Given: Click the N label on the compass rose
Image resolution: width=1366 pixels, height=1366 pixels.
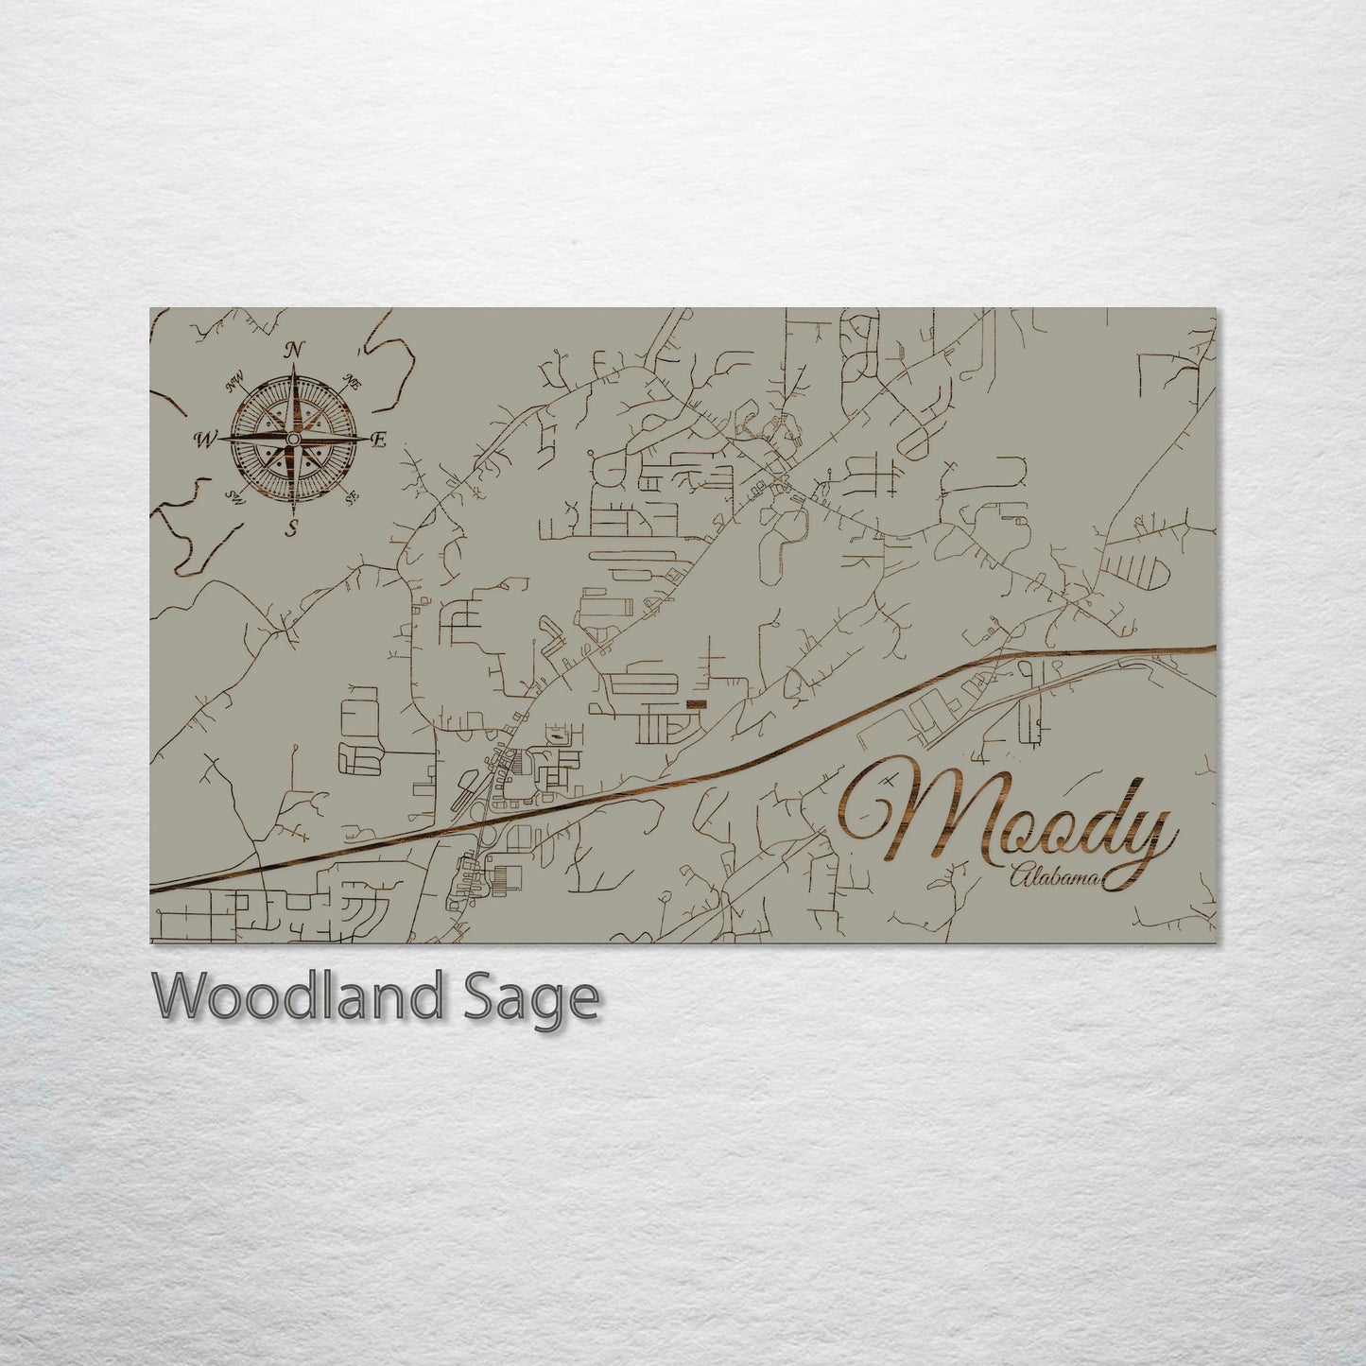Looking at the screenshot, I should [x=294, y=351].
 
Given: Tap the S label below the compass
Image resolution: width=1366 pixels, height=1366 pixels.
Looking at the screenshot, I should [x=293, y=529].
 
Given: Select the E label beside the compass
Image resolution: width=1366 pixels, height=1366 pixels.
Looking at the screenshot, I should [x=378, y=440].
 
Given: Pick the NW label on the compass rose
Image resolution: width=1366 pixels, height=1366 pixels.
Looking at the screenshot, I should [x=234, y=385].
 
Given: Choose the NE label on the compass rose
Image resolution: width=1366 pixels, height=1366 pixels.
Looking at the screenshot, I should [x=353, y=383].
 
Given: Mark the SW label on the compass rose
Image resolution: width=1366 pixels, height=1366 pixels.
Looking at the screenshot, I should [x=234, y=495].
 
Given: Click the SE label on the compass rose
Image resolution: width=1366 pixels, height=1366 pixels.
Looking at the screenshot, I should [x=352, y=495].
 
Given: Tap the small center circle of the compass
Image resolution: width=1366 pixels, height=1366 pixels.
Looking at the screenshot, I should [x=293, y=440].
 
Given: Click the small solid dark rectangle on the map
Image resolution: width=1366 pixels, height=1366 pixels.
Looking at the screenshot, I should [x=696, y=705].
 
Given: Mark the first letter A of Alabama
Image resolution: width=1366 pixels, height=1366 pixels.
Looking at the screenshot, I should [x=1017, y=878].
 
